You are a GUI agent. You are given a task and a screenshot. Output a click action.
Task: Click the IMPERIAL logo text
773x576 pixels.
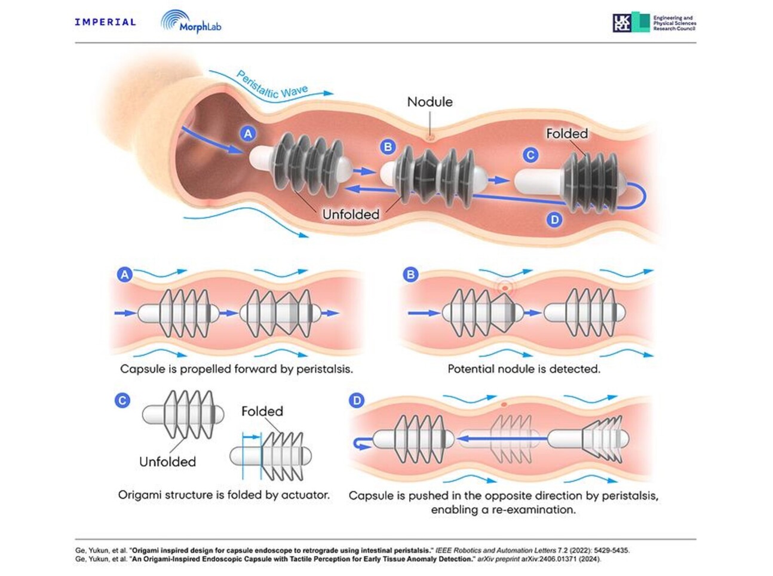(105, 22)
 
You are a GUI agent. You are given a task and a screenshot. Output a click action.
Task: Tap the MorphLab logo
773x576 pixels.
(191, 23)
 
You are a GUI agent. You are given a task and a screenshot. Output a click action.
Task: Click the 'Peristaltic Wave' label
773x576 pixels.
(272, 85)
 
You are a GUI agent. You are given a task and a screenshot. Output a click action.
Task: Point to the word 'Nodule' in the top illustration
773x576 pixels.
(430, 102)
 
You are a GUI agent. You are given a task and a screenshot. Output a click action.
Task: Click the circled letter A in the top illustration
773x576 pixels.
(248, 133)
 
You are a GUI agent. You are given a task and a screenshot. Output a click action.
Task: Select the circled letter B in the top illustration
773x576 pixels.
(388, 146)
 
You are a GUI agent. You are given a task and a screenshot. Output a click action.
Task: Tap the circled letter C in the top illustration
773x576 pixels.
(530, 155)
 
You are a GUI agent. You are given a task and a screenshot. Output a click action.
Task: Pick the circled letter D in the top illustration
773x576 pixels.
(554, 219)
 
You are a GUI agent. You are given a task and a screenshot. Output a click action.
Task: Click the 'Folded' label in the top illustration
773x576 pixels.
(567, 133)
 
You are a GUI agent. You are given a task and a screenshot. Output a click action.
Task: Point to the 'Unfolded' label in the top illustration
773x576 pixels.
(351, 214)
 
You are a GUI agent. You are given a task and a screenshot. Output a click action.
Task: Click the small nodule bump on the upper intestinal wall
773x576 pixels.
(429, 137)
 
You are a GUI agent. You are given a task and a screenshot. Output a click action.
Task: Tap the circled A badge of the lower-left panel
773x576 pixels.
(124, 275)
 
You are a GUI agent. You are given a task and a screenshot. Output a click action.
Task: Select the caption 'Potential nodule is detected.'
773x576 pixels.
(523, 369)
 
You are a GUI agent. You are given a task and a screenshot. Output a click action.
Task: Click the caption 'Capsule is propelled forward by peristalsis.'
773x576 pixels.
(237, 369)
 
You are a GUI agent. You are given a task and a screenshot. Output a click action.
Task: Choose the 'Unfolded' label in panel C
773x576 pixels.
(167, 461)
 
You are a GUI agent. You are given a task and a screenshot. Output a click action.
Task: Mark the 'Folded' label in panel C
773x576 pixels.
(262, 411)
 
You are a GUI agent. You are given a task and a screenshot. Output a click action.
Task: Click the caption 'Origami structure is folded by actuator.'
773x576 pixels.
(223, 495)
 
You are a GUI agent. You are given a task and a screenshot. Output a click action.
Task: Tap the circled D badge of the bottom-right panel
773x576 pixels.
(357, 400)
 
